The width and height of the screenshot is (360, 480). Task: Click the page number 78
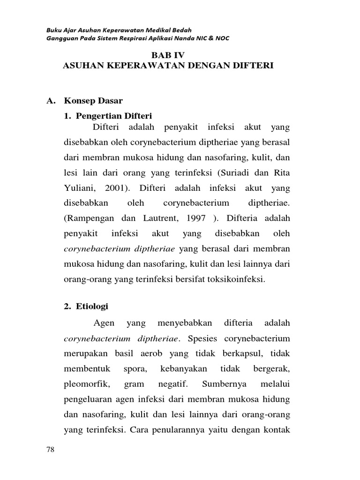click(x=51, y=450)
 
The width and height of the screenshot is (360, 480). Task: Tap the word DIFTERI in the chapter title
click(x=254, y=66)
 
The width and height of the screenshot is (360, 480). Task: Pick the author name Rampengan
click(x=86, y=218)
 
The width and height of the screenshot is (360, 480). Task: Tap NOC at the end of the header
click(x=221, y=38)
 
